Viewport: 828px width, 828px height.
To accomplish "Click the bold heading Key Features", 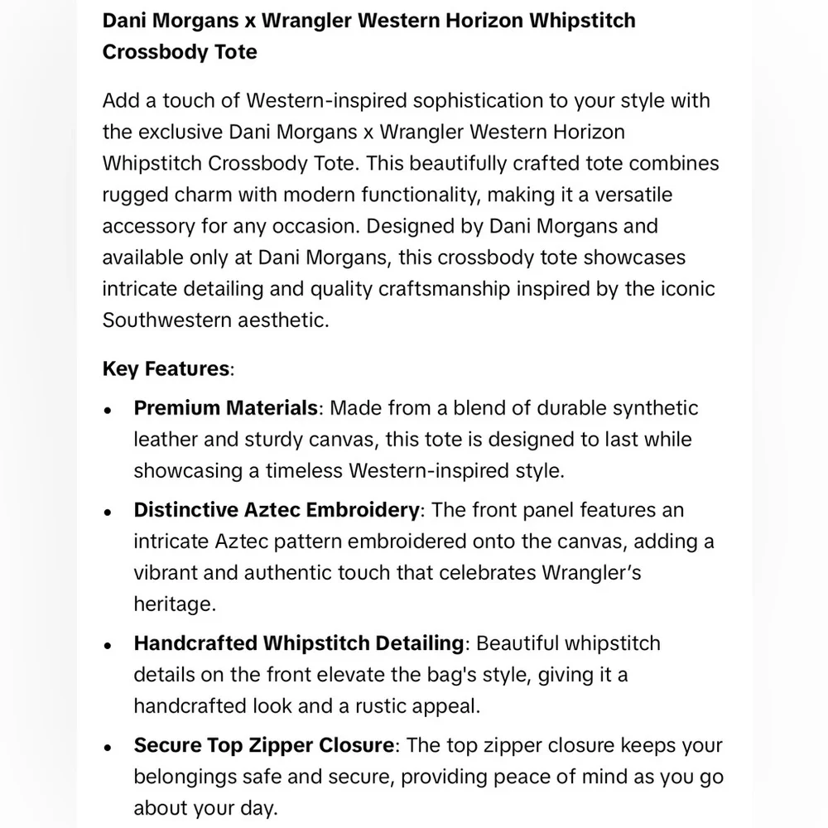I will tap(166, 368).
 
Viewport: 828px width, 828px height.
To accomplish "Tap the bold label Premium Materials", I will tap(226, 408).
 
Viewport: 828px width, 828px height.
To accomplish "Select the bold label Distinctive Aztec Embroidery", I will tap(277, 510).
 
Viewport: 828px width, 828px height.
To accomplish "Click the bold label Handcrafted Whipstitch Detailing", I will tap(299, 643).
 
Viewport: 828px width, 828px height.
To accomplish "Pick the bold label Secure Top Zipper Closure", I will tap(263, 745).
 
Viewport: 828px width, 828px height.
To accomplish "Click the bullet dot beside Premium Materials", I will tap(108, 411).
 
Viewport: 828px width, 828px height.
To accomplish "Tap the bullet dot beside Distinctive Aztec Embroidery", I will tap(108, 513).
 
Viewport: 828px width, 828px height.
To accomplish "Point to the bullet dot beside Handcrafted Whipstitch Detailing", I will tap(108, 646).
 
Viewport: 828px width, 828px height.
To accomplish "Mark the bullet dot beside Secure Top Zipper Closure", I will tap(108, 748).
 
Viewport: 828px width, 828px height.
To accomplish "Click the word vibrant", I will tap(170, 573).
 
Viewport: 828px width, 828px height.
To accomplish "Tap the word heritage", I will tap(175, 604).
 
